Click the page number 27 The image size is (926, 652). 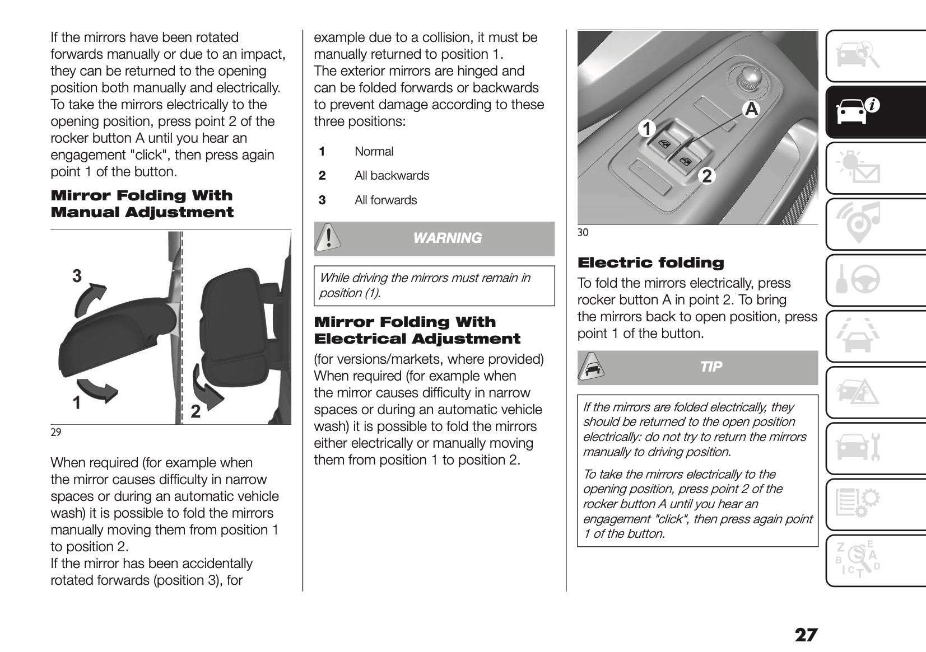click(x=806, y=635)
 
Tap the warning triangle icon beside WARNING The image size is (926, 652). click(x=327, y=238)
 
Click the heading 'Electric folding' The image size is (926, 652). click(x=650, y=262)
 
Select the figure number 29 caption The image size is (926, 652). click(x=55, y=432)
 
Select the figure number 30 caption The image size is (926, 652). click(x=583, y=232)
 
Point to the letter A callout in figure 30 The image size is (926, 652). click(x=751, y=109)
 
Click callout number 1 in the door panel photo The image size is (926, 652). click(x=646, y=129)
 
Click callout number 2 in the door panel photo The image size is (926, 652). click(x=707, y=176)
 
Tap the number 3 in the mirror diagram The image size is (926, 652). click(x=77, y=275)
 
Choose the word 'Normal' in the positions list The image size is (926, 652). click(x=374, y=152)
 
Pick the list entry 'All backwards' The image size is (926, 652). click(x=392, y=176)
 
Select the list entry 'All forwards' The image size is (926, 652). click(x=385, y=200)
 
